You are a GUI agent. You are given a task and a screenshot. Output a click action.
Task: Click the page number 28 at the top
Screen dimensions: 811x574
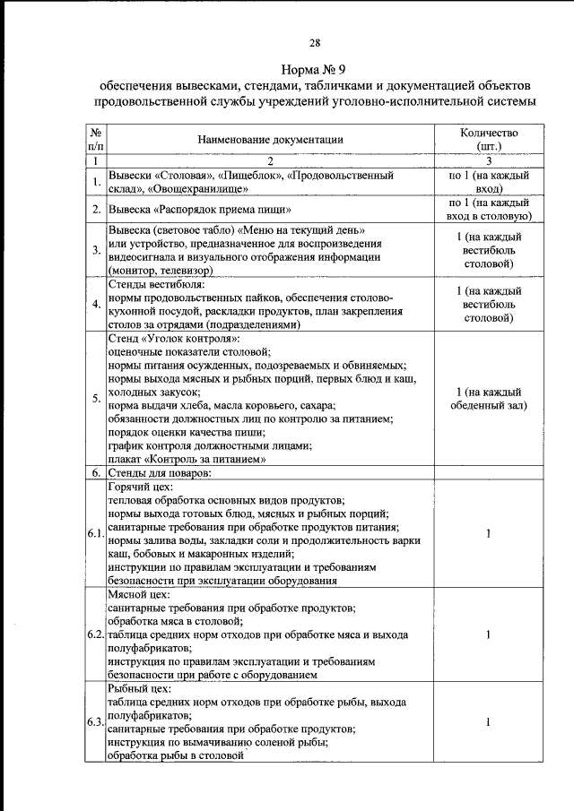[314, 42]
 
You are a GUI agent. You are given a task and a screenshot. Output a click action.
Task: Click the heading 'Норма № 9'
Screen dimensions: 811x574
[314, 68]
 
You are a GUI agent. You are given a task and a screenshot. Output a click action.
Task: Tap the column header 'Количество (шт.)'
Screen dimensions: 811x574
[489, 139]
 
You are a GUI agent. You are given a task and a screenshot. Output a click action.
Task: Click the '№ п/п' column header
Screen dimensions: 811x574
[95, 139]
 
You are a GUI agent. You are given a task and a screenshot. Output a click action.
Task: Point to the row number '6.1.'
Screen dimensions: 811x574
[95, 534]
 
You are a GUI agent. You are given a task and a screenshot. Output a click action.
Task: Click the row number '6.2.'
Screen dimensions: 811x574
[95, 634]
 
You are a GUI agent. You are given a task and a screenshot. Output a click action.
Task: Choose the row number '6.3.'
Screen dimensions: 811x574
[95, 722]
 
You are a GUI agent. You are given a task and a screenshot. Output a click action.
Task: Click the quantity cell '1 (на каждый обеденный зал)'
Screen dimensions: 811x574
[489, 399]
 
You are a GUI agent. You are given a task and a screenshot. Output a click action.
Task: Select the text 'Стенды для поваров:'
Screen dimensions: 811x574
[159, 471]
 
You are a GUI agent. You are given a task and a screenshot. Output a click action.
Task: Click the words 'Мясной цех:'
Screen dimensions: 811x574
[133, 593]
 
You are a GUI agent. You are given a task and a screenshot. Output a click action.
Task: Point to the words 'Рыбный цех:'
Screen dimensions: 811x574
[133, 687]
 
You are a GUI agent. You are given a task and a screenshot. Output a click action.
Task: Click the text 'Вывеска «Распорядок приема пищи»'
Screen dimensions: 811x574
[199, 210]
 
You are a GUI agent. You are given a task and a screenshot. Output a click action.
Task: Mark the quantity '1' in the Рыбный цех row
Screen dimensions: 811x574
[489, 722]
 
